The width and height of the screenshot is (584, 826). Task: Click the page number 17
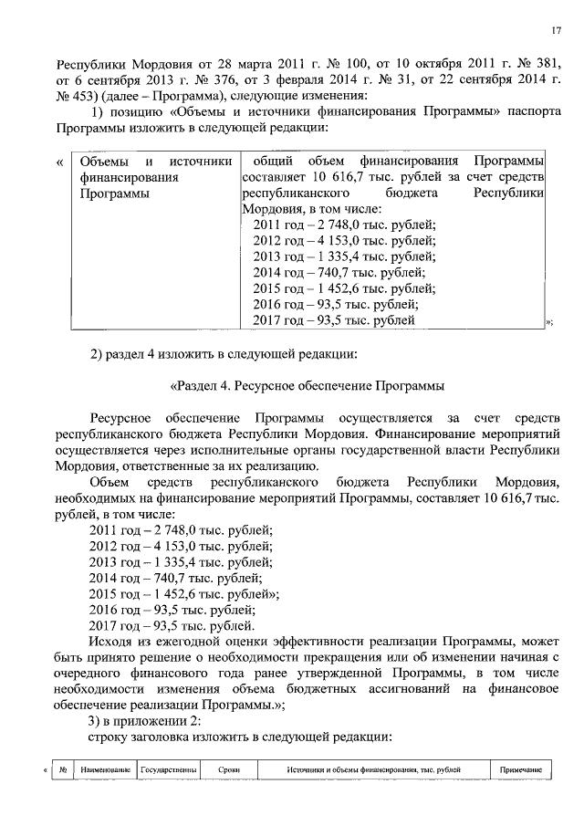tap(555, 32)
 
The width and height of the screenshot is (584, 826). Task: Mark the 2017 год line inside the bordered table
tap(335, 319)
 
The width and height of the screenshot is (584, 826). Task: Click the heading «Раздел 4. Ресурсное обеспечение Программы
tap(307, 385)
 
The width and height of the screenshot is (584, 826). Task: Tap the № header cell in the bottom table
tap(61, 770)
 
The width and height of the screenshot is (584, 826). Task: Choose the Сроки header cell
tap(229, 770)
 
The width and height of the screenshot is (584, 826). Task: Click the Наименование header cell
tap(105, 770)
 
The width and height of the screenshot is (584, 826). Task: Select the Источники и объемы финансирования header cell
tap(372, 770)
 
